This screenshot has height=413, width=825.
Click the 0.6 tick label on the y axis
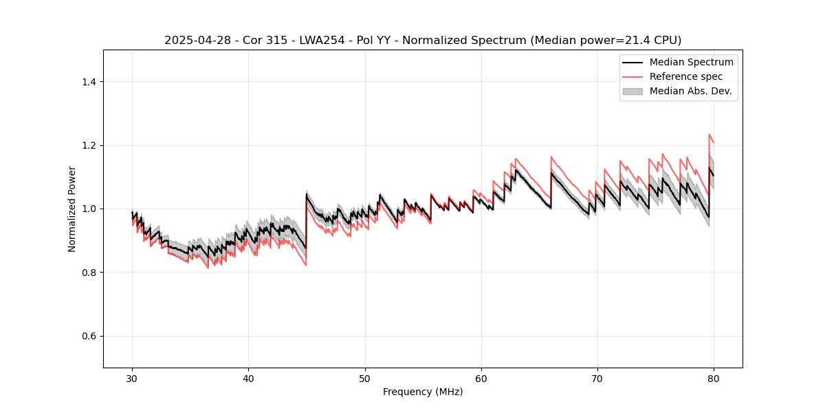click(x=89, y=336)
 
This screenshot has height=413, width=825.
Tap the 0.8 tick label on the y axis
click(x=89, y=273)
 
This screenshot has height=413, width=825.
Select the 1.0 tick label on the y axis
click(x=89, y=209)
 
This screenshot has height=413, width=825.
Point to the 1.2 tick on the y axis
click(x=89, y=145)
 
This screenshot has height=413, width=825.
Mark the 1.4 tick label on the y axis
click(x=89, y=82)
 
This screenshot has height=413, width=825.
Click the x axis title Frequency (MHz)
click(x=423, y=392)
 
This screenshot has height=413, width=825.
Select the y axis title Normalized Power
click(x=72, y=209)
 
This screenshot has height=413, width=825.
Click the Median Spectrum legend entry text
click(x=691, y=62)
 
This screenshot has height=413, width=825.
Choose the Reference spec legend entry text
click(x=685, y=76)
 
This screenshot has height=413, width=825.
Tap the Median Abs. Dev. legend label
click(x=690, y=91)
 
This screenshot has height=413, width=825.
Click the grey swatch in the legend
click(x=632, y=91)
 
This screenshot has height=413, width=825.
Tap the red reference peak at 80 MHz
click(x=709, y=135)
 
